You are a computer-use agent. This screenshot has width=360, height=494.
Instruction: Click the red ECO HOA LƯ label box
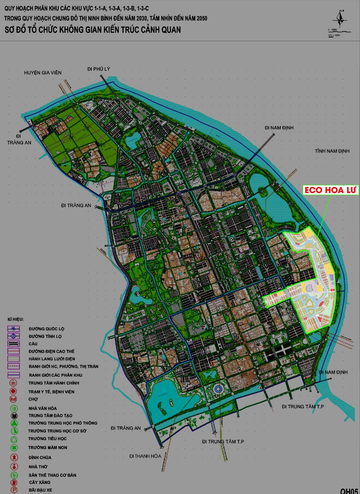[330, 190]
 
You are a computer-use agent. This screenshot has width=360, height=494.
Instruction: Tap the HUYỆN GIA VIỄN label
[42, 73]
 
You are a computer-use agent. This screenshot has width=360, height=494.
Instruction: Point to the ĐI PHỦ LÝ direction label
[98, 69]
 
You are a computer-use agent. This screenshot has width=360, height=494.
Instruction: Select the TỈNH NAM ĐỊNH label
[332, 151]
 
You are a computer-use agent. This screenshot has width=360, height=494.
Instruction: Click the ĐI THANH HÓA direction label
[145, 456]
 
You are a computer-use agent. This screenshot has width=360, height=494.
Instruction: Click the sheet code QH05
[349, 490]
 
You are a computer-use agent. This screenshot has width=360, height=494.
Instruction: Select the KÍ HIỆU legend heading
[15, 319]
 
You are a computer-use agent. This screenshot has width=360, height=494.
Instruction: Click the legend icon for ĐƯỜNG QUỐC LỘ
[14, 329]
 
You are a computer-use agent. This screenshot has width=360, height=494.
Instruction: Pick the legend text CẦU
[33, 344]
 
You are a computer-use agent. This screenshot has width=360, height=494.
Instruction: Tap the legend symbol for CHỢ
[14, 399]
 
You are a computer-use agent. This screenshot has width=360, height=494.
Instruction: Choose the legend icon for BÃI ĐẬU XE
[14, 490]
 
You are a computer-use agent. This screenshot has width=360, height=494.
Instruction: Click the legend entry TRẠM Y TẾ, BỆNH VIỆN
[51, 392]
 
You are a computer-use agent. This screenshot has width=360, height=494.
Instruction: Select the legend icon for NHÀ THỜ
[14, 467]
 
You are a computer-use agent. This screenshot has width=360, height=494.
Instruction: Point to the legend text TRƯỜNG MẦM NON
[48, 448]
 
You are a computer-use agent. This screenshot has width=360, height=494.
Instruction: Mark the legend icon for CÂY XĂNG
[14, 482]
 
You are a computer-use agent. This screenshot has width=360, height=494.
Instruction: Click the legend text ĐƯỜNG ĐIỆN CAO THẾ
[51, 351]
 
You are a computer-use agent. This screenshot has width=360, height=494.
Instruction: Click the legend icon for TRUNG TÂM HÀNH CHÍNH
[14, 383]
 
